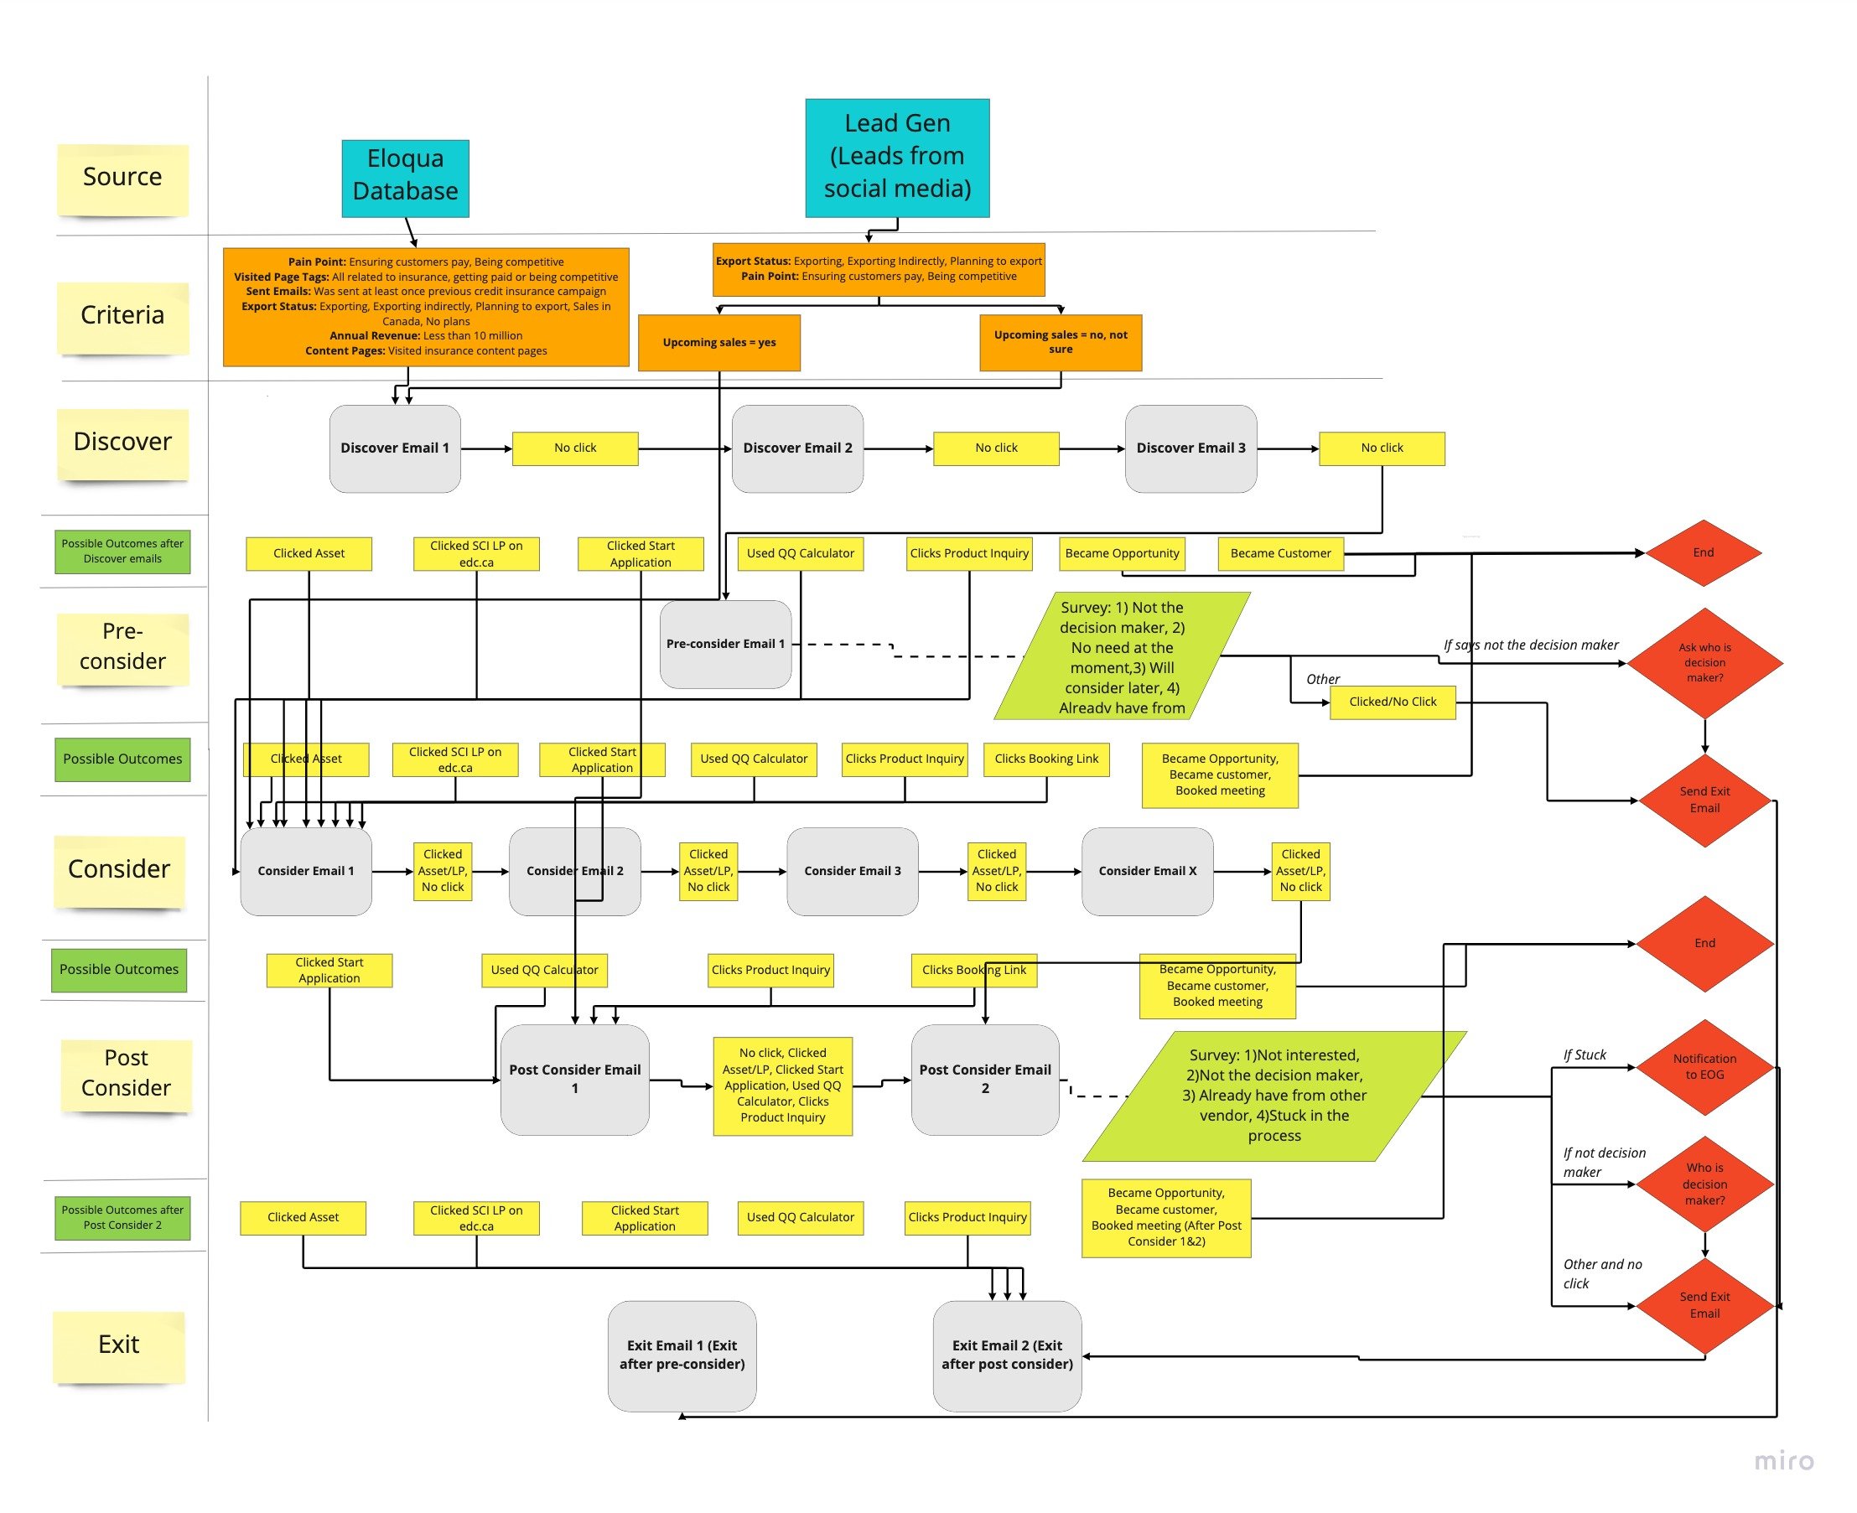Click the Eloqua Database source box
tap(405, 179)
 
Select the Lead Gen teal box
tap(896, 158)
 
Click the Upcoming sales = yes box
tap(718, 343)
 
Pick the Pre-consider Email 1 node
tap(724, 644)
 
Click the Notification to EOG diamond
tap(1704, 1067)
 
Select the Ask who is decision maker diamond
tap(1704, 662)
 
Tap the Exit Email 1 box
tap(681, 1355)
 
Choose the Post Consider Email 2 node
tap(984, 1079)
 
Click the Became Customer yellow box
tap(1280, 553)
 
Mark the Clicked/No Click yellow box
tap(1392, 702)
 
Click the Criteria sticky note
tap(122, 315)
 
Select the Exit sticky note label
tap(118, 1344)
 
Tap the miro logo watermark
tap(1783, 1461)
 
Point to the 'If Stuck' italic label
tap(1585, 1054)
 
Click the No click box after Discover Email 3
tap(1381, 448)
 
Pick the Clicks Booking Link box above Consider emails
tap(1045, 759)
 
